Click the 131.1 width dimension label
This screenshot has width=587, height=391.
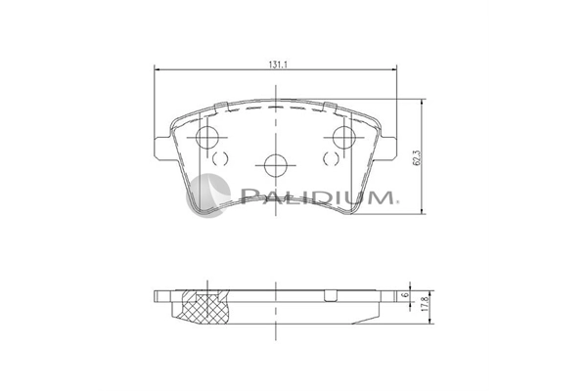point(278,65)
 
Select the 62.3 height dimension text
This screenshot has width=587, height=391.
point(418,158)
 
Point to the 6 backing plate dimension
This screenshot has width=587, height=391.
point(403,295)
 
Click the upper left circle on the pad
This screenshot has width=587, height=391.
point(207,137)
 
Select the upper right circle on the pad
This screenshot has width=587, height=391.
point(344,137)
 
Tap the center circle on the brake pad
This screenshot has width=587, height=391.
point(275,165)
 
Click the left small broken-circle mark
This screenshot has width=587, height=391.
point(220,158)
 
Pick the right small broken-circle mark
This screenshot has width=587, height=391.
point(331,158)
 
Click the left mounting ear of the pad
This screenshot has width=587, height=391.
point(162,149)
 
